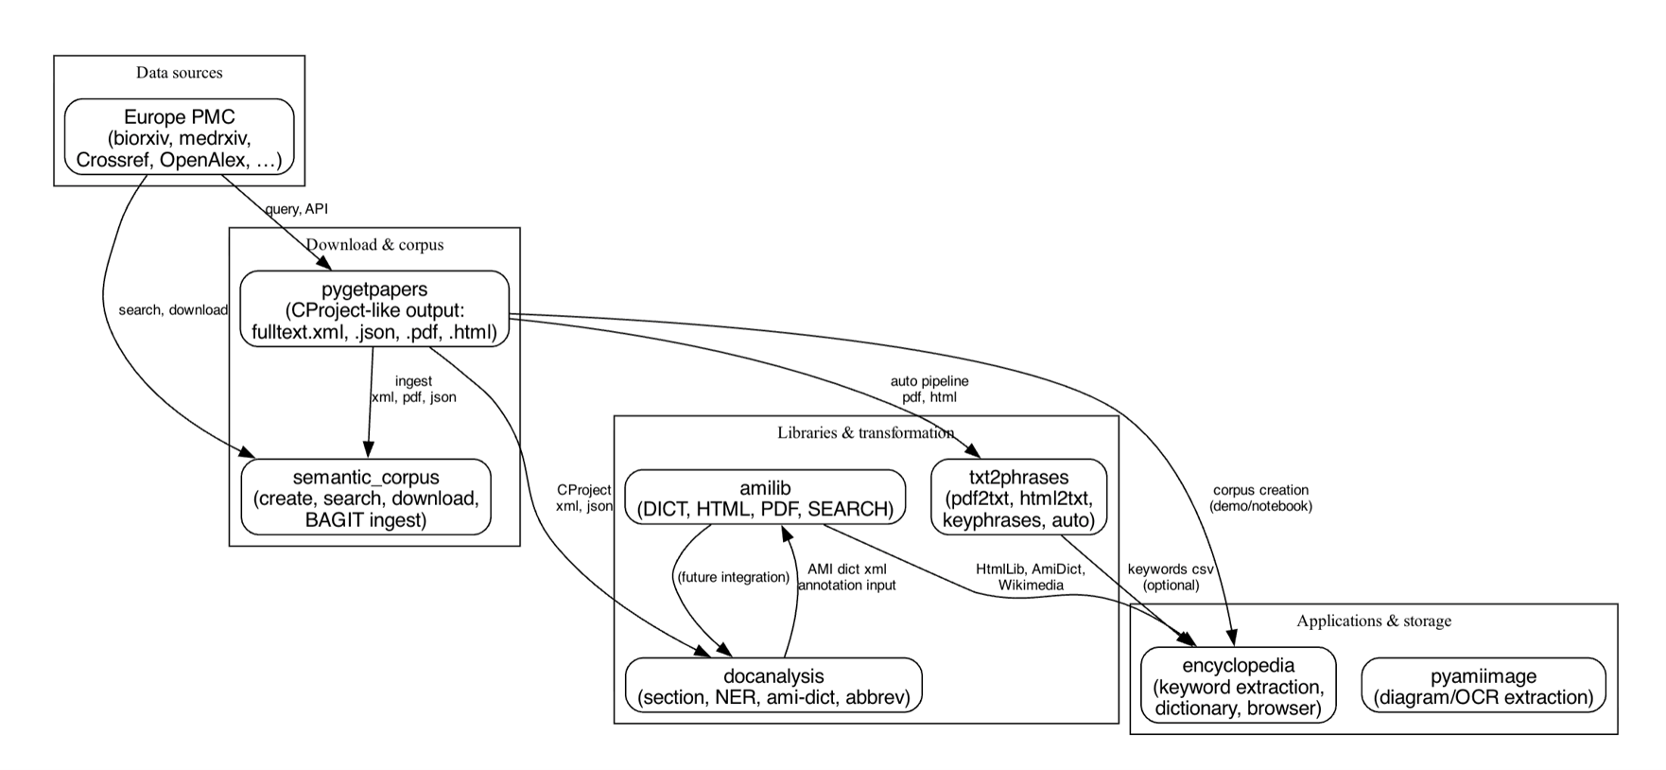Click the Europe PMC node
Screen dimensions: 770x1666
point(179,138)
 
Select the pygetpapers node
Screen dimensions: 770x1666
point(374,310)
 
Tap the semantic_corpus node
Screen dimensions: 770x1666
point(366,498)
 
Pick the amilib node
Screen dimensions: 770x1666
point(765,498)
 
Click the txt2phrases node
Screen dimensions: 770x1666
point(1018,498)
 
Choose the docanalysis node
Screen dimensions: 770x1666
point(772,687)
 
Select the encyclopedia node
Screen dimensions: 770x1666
point(1238,686)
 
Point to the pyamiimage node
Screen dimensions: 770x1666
point(1483,687)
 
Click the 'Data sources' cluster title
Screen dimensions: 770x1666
point(179,73)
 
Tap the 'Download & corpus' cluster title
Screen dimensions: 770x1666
point(374,245)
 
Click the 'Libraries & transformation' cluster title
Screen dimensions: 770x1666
point(865,433)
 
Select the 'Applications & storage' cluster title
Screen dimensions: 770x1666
point(1373,621)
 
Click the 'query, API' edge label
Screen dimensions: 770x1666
point(296,208)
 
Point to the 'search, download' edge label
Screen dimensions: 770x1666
point(173,310)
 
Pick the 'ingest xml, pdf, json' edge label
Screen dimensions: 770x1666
point(413,389)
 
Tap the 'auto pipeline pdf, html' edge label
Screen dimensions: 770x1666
point(929,389)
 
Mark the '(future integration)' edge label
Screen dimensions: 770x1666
point(733,577)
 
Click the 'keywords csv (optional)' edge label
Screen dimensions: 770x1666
point(1171,577)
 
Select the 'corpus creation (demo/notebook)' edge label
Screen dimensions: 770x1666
point(1260,498)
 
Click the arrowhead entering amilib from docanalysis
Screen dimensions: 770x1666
point(786,534)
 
